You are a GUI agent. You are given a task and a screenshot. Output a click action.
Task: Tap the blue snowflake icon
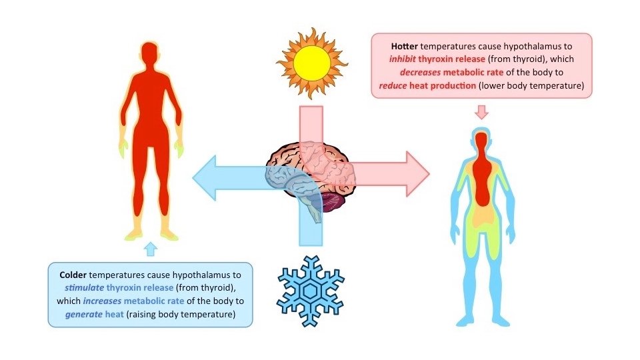pyautogui.click(x=311, y=291)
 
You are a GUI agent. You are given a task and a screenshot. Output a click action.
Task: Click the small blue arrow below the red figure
pyautogui.click(x=151, y=249)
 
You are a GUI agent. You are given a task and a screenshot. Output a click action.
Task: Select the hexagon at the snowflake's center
pyautogui.click(x=311, y=291)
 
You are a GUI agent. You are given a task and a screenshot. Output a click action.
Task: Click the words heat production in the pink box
pyautogui.click(x=445, y=86)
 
